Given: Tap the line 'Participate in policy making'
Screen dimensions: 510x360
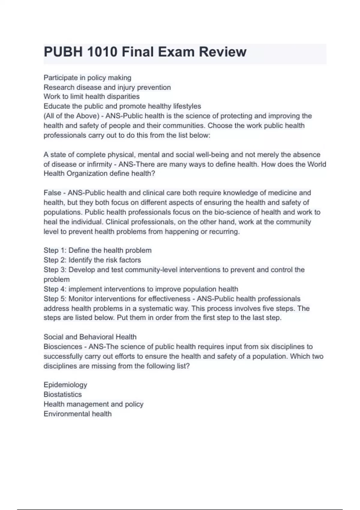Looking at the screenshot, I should pos(87,78).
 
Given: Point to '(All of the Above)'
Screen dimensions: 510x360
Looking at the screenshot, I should pos(71,116).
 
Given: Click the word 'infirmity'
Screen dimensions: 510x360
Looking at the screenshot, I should pos(99,164).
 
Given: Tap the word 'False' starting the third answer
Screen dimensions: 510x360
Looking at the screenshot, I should pos(52,193).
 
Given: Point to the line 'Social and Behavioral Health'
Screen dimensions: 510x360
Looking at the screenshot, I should pos(90,337).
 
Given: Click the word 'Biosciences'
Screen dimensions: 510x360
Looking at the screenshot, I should pos(63,346).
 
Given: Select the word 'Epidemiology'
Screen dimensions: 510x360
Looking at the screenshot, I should pos(65,385).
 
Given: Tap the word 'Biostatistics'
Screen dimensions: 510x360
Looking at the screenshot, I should pos(63,394).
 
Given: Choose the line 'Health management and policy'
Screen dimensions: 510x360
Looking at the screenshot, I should pos(93,404).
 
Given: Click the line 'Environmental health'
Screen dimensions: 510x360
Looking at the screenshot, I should pos(77,414).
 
